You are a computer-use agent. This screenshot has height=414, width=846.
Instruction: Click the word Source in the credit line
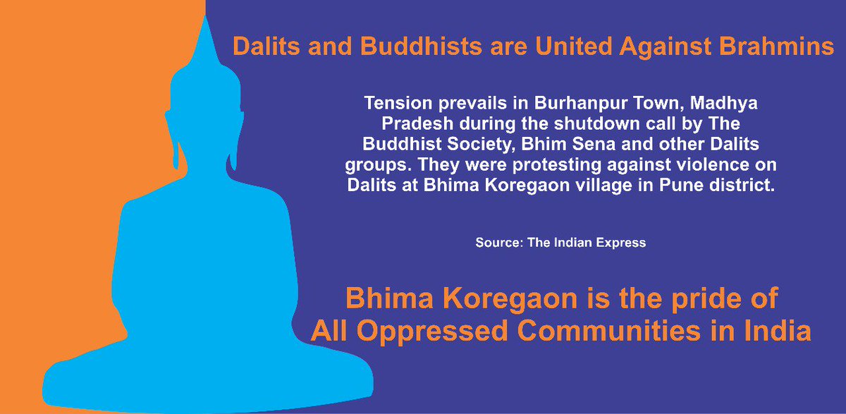click(498, 243)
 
